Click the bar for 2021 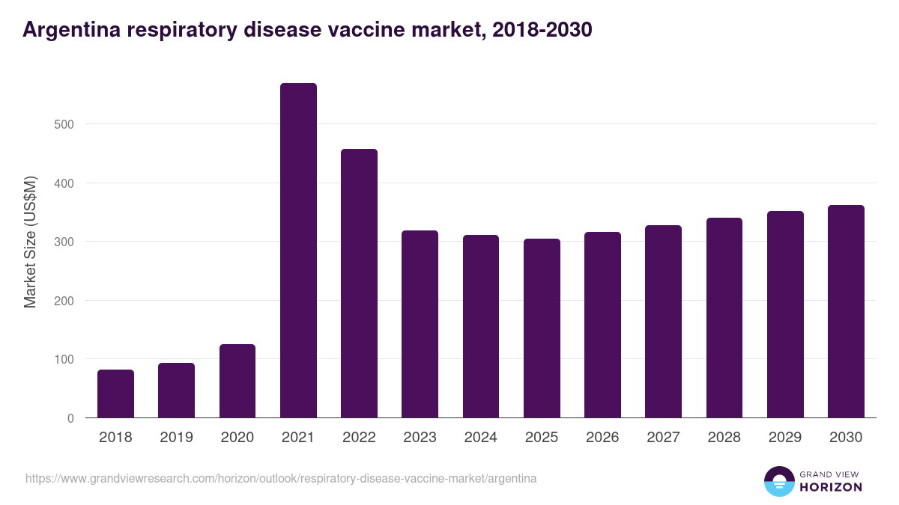click(298, 251)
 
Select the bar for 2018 click(115, 394)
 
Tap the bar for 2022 click(359, 284)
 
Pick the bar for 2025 click(542, 328)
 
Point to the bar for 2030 click(846, 311)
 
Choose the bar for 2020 click(237, 381)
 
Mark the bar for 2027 click(663, 322)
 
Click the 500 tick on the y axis click(65, 124)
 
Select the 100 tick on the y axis click(65, 360)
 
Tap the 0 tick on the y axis click(70, 418)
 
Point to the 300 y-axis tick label click(65, 242)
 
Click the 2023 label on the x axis click(420, 438)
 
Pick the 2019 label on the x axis click(176, 438)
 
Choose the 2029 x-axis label click(785, 438)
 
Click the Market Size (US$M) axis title click(30, 241)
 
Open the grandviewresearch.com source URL click(281, 478)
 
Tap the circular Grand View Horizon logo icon click(778, 482)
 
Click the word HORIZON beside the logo click(831, 487)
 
